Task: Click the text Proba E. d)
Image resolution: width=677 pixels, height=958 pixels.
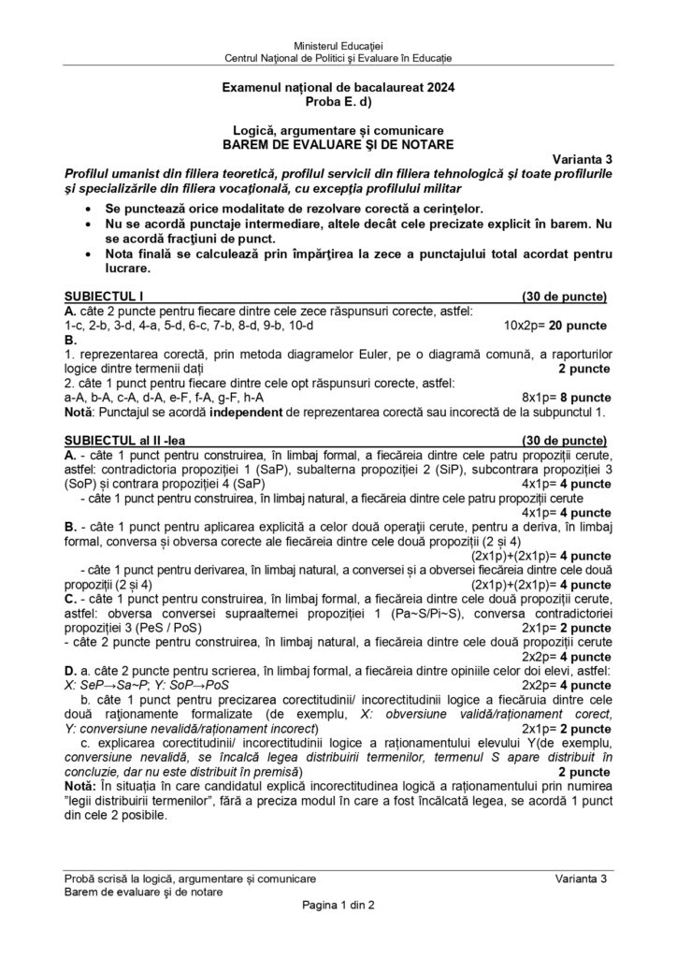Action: click(338, 98)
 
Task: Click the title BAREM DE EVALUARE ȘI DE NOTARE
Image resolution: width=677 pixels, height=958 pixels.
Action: click(338, 144)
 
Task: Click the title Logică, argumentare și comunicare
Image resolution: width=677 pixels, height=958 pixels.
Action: click(338, 130)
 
